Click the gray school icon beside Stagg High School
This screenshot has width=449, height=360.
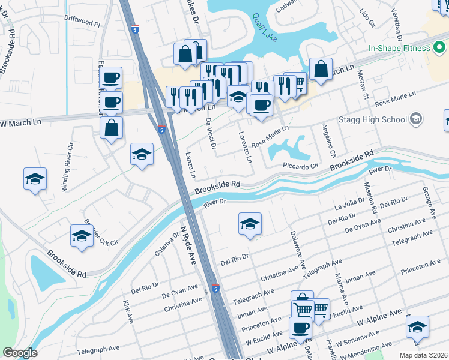[416, 119]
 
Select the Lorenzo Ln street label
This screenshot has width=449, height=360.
[245, 147]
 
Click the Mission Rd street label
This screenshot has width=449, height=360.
[370, 199]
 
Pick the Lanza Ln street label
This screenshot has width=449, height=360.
[191, 166]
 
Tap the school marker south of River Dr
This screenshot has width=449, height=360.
[250, 224]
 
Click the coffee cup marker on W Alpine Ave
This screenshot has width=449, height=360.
[300, 328]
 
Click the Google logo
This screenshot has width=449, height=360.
[20, 353]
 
